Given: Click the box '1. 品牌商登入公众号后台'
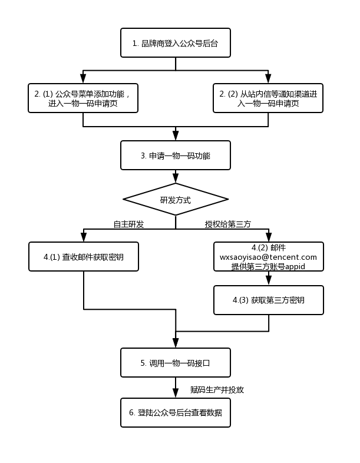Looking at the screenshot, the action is point(176,43).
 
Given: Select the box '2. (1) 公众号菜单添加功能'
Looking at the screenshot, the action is point(83,98).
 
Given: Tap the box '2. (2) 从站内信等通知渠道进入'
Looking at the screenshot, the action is point(268,98).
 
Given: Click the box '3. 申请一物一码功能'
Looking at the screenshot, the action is point(176,156).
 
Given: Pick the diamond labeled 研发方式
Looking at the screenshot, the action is point(176,199).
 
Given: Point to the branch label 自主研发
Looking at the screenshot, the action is point(129,224).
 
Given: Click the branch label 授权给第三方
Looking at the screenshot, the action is point(227,224).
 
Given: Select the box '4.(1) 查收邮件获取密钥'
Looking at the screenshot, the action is point(84,257).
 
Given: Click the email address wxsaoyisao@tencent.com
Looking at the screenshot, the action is point(268,257).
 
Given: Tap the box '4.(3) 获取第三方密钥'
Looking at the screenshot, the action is point(269,300).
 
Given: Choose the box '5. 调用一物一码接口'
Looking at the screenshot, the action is point(176,363).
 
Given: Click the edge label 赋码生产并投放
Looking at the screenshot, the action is point(217,390).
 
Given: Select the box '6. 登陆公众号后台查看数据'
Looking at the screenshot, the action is point(176,412).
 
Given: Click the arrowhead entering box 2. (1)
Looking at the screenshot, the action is point(83,78).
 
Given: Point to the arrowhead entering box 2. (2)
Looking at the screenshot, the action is point(268,78).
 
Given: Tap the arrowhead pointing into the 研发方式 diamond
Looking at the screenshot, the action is point(176,178).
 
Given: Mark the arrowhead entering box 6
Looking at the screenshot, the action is point(176,393).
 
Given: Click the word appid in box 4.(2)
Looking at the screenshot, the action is point(295,267).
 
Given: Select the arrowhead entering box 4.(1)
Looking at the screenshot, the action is point(84,237).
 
